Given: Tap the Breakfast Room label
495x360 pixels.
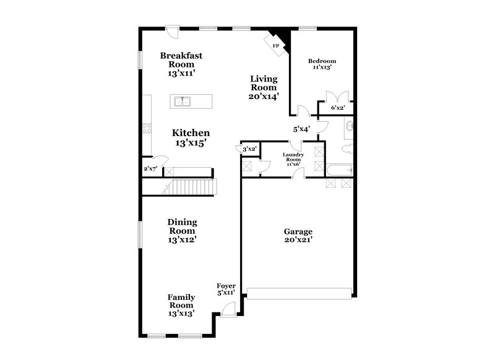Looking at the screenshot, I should coord(181,60).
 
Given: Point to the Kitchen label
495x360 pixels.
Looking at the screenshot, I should coord(191,133).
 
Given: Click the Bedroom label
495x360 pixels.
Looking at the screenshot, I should coord(322,61).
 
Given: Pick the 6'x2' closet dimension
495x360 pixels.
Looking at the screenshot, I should coord(337,108).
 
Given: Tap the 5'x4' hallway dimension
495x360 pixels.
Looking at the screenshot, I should coord(301,129).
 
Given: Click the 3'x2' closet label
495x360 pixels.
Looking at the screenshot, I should coord(249,149).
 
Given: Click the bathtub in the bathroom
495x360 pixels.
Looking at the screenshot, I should coord(338,169).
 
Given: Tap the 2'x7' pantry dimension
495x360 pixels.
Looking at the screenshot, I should coord(150,168).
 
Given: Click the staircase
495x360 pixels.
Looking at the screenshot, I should coord(194,186).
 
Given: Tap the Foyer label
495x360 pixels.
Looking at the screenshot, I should coord(225,286).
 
